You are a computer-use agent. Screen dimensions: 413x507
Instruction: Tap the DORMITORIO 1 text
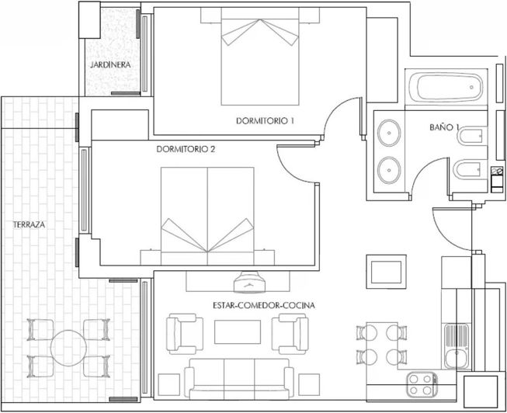[266, 121]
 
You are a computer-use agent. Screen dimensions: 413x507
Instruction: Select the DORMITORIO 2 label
[185, 149]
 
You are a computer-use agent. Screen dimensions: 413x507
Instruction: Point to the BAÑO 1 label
[446, 127]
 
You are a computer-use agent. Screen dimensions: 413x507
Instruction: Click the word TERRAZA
[29, 224]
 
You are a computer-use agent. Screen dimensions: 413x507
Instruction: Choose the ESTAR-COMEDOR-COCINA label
[263, 306]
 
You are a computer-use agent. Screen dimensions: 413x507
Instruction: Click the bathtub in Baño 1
[446, 88]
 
